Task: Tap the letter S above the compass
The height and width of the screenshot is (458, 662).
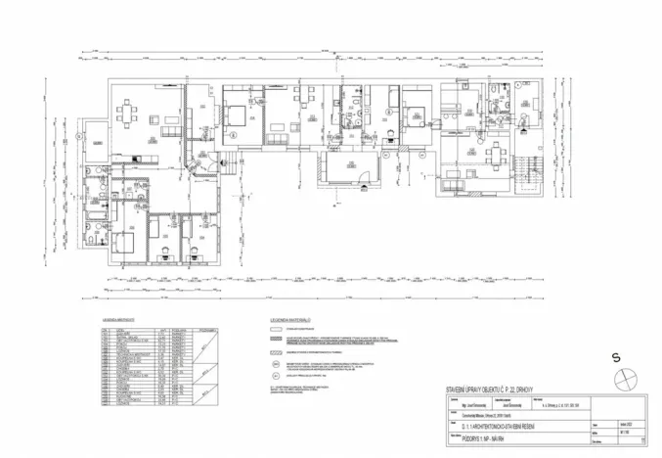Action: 616,358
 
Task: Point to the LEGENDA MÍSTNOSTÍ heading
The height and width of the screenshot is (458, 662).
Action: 118,320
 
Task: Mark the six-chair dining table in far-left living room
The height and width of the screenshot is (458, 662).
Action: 130,114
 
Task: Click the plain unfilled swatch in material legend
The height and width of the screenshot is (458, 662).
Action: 263,330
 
